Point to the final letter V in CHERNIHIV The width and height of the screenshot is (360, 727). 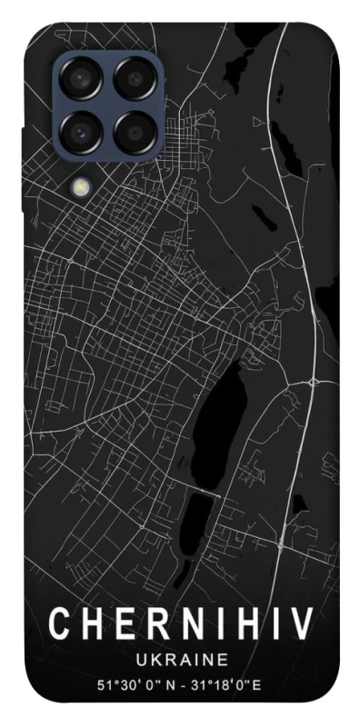[x=302, y=624]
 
